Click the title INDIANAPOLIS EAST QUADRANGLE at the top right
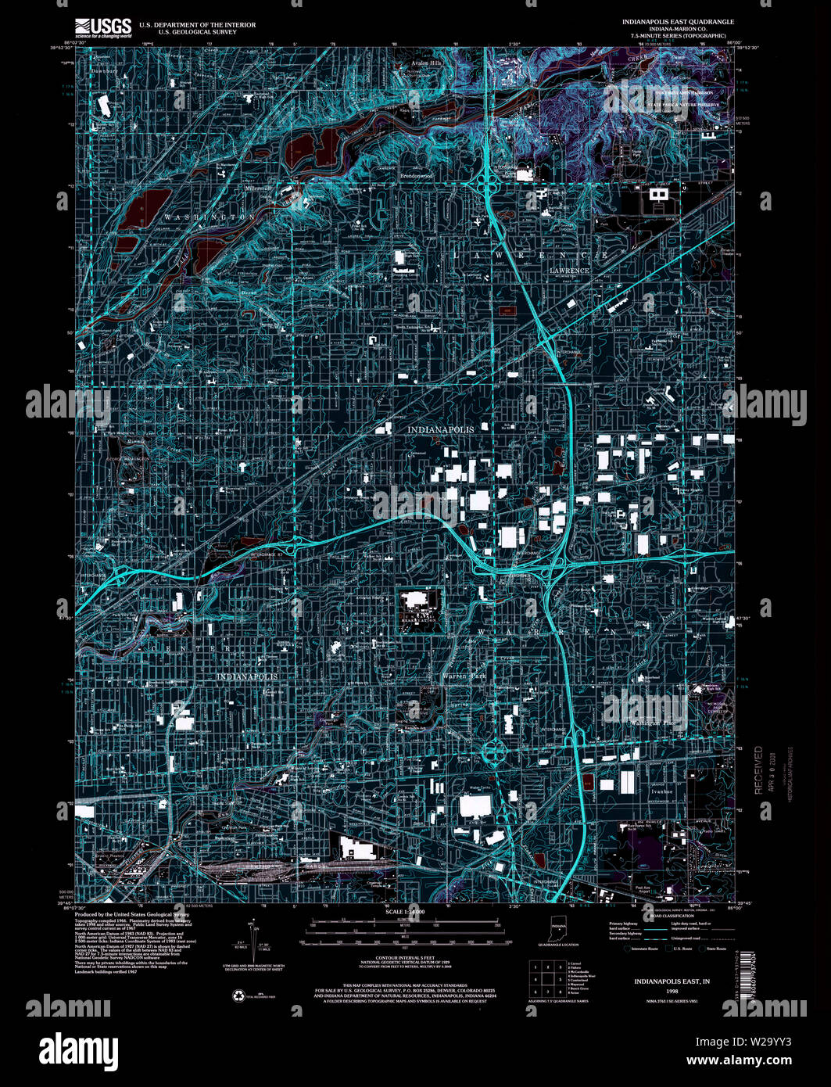point(678,23)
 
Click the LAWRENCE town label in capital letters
point(569,271)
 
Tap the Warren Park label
point(464,676)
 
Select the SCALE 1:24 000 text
point(404,913)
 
